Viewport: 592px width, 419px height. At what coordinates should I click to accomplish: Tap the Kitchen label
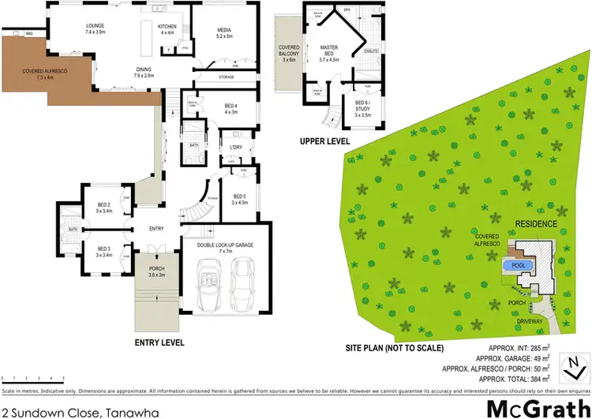(167, 29)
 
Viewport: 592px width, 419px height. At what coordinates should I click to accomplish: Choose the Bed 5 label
(240, 199)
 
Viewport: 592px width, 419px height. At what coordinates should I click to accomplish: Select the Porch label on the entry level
(157, 271)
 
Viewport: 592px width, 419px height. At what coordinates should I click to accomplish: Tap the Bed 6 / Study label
(362, 107)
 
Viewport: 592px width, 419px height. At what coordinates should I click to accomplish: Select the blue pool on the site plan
(519, 266)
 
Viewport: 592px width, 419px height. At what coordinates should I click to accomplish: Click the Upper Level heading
(324, 141)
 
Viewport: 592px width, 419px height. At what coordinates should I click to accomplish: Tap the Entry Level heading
(159, 343)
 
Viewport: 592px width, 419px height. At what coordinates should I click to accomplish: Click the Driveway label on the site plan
(530, 322)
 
